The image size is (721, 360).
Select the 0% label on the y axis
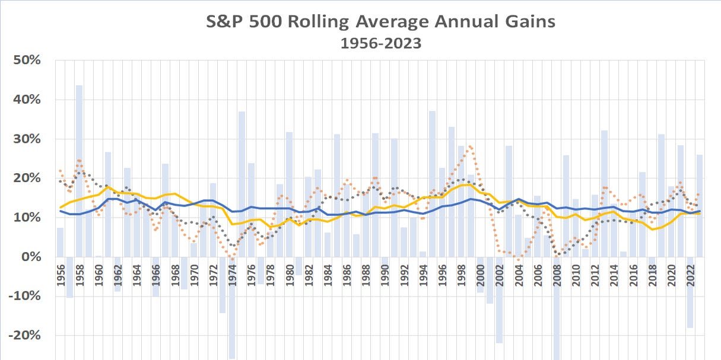coord(31,257)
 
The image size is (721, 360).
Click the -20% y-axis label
coord(26,336)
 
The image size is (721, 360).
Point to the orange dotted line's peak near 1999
coord(471,146)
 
